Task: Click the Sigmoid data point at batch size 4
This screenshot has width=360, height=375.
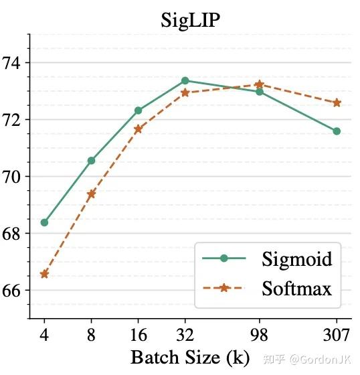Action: [44, 222]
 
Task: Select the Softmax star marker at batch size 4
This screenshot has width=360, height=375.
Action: [44, 274]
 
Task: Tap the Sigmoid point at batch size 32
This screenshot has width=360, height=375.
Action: [185, 80]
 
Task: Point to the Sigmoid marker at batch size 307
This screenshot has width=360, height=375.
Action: [337, 131]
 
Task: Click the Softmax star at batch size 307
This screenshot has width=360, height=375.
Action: [337, 102]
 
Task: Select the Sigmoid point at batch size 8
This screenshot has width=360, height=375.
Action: [91, 161]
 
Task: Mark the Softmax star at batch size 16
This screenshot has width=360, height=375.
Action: [138, 129]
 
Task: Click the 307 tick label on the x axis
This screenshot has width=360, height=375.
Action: [337, 333]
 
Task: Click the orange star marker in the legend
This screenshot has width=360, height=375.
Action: [224, 288]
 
